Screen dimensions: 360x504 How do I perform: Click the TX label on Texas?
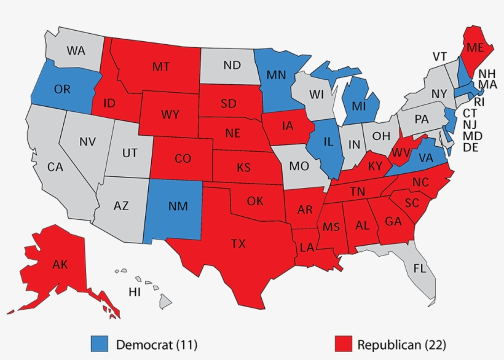pos(238,244)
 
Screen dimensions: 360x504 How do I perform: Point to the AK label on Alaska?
pos(60,265)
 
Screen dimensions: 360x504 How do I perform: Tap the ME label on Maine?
pos(474,47)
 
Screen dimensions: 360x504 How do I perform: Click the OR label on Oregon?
pos(62,89)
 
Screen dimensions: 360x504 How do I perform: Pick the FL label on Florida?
pos(419,268)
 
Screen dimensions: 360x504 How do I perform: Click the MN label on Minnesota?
pos(275,75)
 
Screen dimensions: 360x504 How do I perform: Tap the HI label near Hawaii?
pos(134,292)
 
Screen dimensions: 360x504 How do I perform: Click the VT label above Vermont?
pos(439,57)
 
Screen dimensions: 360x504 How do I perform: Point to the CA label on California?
pos(55,166)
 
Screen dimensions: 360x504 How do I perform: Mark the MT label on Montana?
pos(161,66)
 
